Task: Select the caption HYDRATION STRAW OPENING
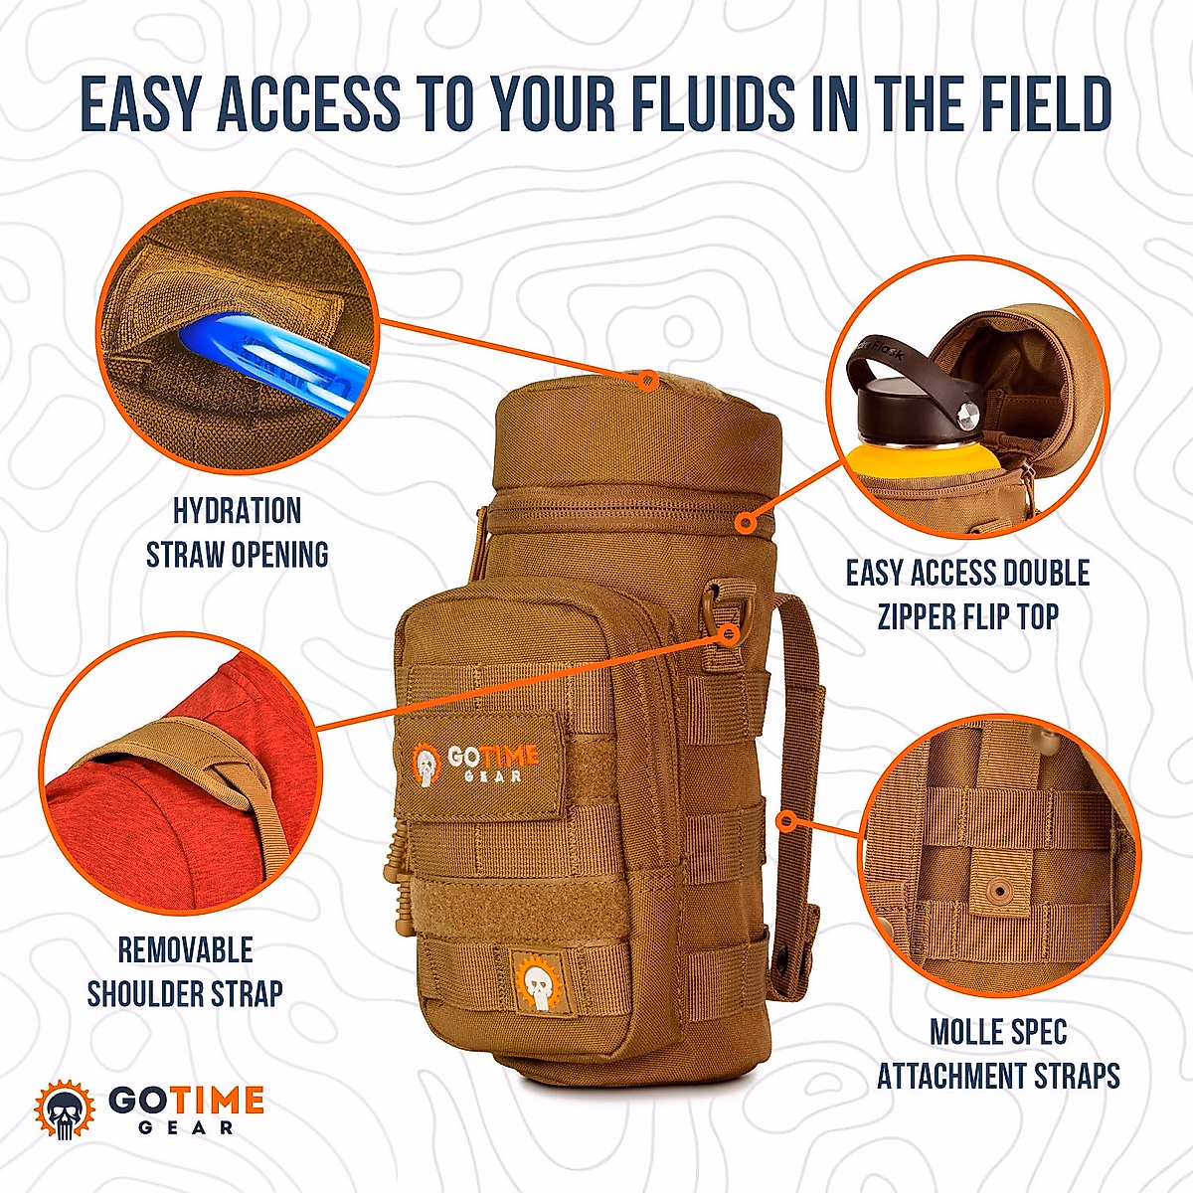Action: [238, 533]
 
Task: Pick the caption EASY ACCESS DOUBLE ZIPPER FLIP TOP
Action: [967, 594]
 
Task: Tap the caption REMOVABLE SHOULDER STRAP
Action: [185, 971]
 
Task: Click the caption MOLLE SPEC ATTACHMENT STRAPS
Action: [998, 1054]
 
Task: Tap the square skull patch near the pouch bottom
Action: [537, 980]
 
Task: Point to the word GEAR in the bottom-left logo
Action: [186, 1127]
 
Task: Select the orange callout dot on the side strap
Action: [786, 821]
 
